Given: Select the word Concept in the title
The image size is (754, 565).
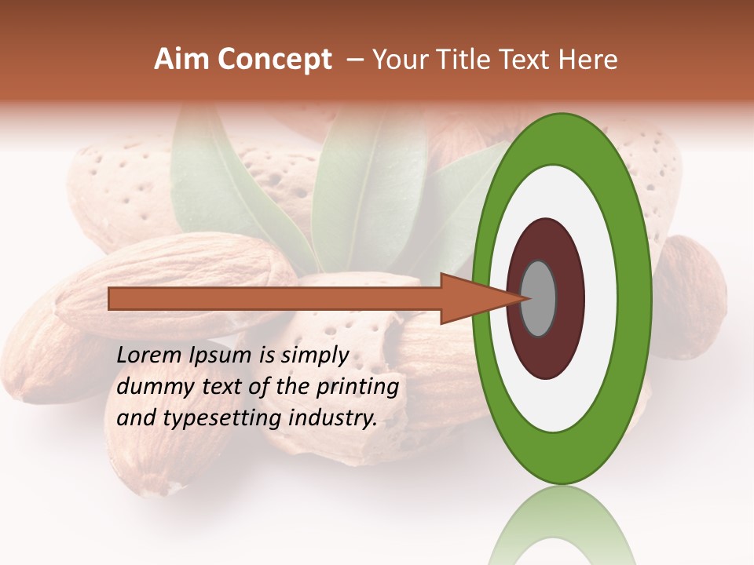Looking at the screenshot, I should [274, 60].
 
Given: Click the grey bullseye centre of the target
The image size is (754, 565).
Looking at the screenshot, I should [539, 298].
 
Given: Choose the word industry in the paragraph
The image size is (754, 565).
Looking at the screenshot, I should [333, 418].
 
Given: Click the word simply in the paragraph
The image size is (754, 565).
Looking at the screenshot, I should [315, 356].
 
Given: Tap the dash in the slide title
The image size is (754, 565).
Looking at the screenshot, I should [354, 60].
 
